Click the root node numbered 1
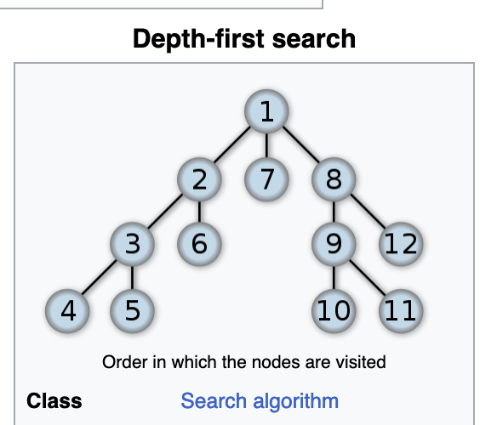(266, 111)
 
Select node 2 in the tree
(199, 179)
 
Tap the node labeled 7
(266, 179)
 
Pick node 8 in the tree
(334, 179)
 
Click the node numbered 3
(132, 244)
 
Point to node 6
(199, 244)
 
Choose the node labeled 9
(334, 244)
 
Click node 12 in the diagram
(401, 244)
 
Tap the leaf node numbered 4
(67, 311)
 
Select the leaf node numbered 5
(132, 311)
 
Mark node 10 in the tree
(334, 311)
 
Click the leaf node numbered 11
(401, 311)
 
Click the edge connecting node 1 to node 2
(232, 144)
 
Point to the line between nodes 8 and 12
(368, 212)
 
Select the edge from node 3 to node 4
(99, 277)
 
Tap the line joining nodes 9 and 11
(368, 278)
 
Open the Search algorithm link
(260, 401)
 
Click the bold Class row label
(54, 400)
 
